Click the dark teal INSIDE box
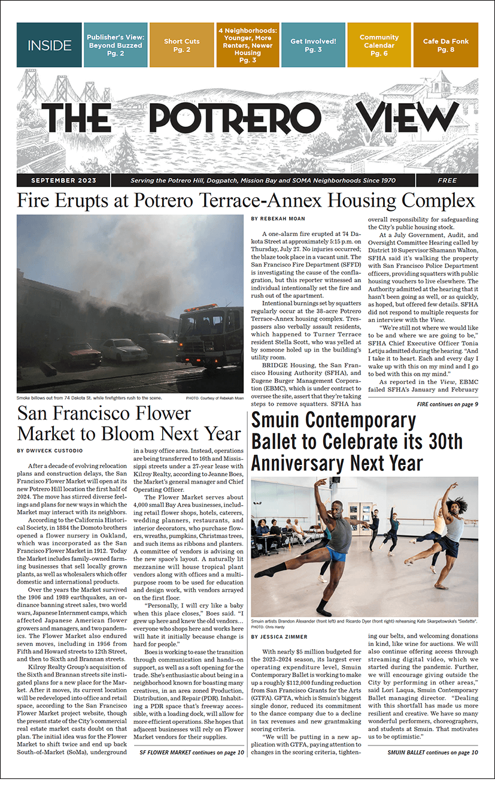(49, 45)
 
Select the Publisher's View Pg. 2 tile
(115, 45)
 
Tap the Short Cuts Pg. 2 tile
(181, 45)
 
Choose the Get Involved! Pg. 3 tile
(313, 45)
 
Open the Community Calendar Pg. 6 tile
(379, 45)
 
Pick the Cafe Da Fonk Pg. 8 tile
(445, 45)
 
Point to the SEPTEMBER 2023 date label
(59, 180)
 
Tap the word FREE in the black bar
(447, 180)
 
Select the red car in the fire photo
(80, 353)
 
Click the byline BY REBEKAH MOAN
(279, 219)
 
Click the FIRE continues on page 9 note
(447, 404)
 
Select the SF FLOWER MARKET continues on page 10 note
(192, 752)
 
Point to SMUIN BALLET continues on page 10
(432, 752)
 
